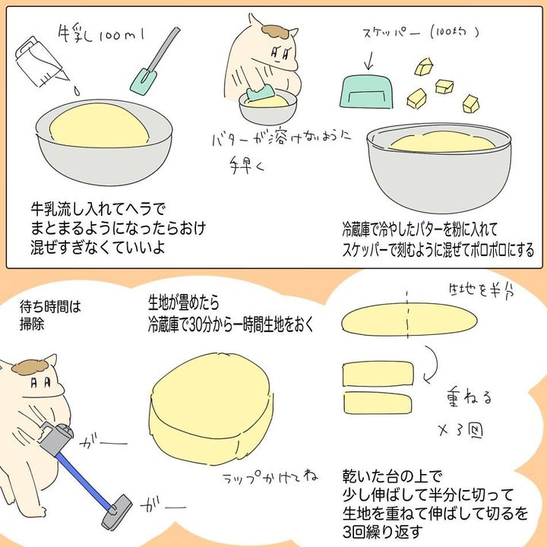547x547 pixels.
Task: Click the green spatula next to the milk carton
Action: tap(154, 61)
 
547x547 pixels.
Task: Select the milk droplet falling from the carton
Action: tap(77, 91)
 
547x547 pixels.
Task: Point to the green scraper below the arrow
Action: tap(366, 92)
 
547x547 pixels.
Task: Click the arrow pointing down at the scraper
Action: tap(369, 61)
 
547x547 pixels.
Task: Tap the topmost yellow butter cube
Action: tap(424, 66)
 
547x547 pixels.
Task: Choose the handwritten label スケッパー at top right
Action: tap(391, 33)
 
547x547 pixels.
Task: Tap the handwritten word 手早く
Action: tap(247, 166)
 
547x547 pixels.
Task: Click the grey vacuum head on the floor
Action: tap(116, 511)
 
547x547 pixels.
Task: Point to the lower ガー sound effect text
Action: tap(163, 506)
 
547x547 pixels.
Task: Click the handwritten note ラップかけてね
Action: tap(270, 477)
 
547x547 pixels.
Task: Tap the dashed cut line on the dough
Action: tap(407, 315)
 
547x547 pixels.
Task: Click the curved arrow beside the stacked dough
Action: tap(432, 365)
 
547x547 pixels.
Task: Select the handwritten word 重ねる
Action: tap(469, 397)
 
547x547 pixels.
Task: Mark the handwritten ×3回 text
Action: tap(460, 432)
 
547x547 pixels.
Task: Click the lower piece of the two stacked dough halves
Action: tap(378, 403)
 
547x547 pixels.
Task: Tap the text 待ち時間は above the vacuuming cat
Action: tap(50, 308)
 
